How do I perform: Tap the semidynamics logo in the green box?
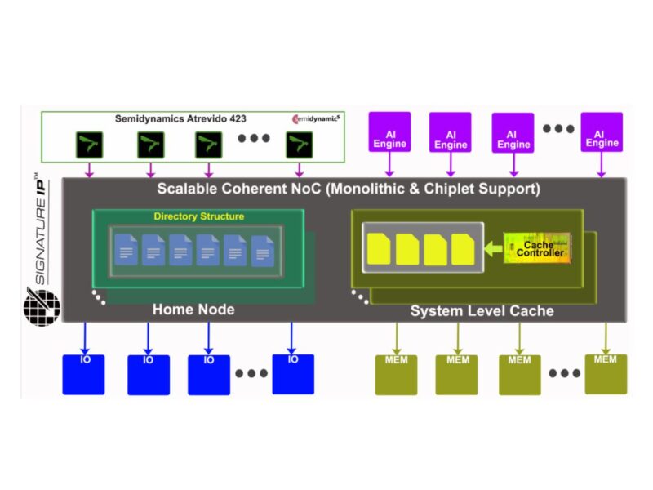coord(317,119)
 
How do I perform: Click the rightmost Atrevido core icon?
coord(300,145)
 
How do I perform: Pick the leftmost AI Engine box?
coord(389,133)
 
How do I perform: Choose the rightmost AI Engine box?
coord(602,133)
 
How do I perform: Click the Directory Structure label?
coord(198,216)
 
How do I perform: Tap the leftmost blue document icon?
coord(127,249)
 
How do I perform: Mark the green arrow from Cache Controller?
coord(493,247)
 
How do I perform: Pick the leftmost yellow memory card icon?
coord(380,249)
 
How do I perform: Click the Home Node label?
coord(193,310)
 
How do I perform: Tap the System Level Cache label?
coord(482,311)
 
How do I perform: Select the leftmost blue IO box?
coord(84,374)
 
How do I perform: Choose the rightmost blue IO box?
coord(293,374)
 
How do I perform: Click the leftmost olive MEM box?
coord(396,374)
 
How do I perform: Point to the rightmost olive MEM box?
coord(606,373)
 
